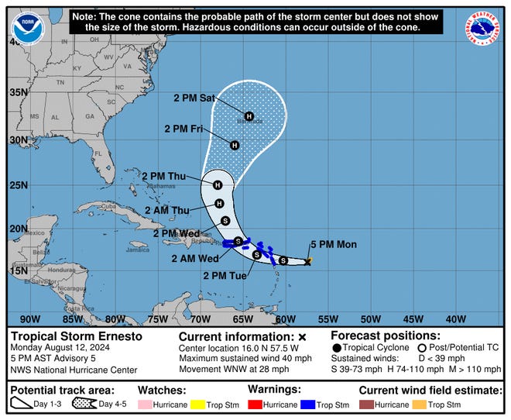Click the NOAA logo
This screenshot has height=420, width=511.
[29, 25]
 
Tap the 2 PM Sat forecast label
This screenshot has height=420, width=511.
[195, 98]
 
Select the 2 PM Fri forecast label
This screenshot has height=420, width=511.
[185, 129]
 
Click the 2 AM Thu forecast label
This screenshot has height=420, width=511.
[167, 210]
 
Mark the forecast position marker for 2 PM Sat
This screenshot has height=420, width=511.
[249, 115]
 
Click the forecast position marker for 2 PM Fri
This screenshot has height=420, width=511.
[235, 145]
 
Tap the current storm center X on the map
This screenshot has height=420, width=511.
[308, 262]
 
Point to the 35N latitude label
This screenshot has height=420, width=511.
[18, 93]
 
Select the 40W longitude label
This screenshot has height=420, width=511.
[456, 318]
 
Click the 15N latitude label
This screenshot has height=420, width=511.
[18, 270]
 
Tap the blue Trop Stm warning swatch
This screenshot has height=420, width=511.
[310, 405]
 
